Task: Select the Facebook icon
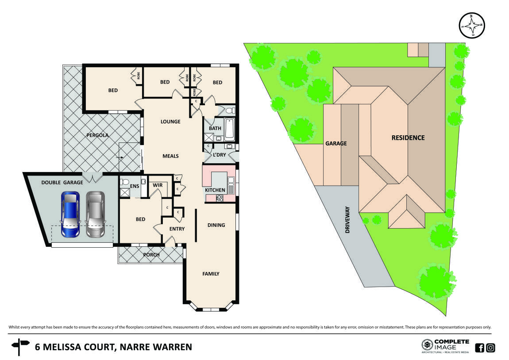click(479, 348)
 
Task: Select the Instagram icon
click(490, 348)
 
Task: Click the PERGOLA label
click(98, 135)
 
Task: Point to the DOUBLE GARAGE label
click(62, 183)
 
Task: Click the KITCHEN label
click(215, 190)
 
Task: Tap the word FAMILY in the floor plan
click(211, 274)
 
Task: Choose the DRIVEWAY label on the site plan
click(347, 220)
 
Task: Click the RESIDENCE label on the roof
click(408, 138)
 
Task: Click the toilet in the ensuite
click(124, 181)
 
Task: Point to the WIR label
click(157, 186)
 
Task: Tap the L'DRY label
click(219, 155)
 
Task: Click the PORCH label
click(151, 255)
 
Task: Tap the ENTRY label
click(177, 229)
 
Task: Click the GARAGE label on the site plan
click(336, 143)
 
